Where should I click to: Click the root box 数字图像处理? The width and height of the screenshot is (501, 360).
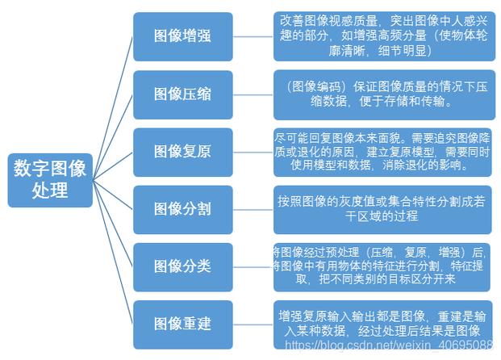click(50, 179)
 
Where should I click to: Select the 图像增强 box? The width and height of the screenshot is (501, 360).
click(182, 36)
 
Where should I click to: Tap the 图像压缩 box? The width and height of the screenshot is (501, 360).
click(182, 94)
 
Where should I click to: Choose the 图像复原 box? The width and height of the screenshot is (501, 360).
click(182, 152)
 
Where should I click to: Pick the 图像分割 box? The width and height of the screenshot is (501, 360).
click(182, 209)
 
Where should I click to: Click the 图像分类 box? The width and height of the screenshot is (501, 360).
click(182, 266)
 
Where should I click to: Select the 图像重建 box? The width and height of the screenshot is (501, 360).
click(182, 324)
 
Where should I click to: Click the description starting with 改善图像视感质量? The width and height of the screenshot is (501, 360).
click(383, 36)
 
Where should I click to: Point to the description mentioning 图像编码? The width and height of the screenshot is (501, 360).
click(383, 94)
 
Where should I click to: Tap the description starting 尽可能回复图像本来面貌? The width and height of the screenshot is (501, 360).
click(383, 152)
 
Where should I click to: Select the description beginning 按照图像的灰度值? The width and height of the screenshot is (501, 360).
click(383, 209)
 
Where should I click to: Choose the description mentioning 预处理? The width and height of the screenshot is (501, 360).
click(383, 266)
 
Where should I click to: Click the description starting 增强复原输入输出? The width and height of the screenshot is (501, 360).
click(383, 324)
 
